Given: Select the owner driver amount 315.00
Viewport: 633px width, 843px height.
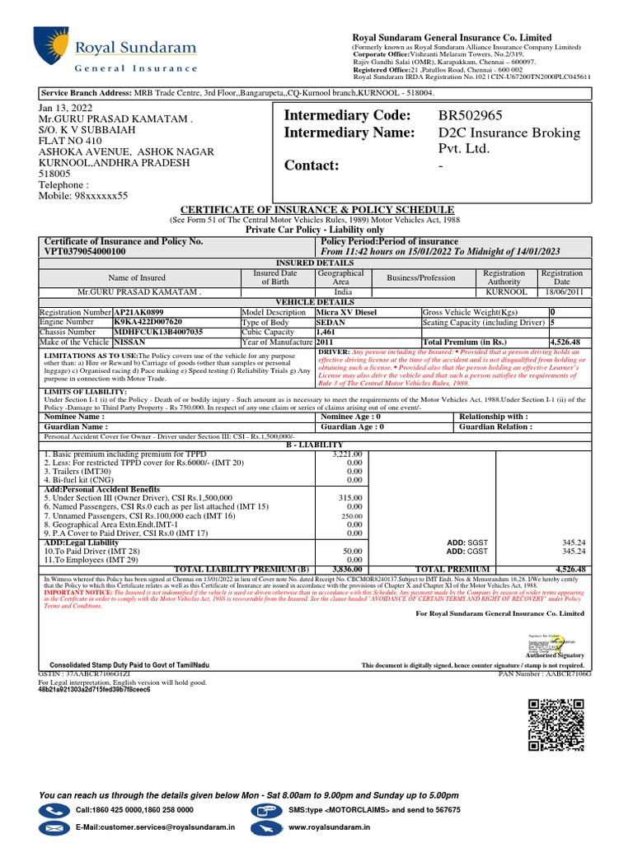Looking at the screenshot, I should coord(351,498).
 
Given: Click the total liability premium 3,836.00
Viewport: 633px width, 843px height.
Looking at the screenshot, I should coord(346,569).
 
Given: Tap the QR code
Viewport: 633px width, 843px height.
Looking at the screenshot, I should coord(558,724).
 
